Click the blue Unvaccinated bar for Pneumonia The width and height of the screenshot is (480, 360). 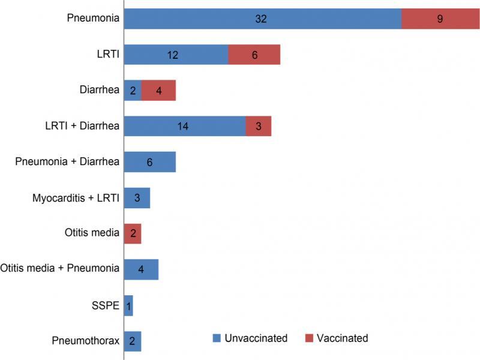pos(262,19)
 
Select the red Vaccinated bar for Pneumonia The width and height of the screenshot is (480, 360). pos(440,19)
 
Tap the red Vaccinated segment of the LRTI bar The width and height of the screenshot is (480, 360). pos(254,55)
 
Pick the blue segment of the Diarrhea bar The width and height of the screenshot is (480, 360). pos(133,91)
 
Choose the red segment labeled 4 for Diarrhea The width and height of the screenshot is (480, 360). pos(158,91)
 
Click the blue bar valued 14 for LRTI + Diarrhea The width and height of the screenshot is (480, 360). pos(185,126)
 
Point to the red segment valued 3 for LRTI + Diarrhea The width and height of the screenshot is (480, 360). pos(259,126)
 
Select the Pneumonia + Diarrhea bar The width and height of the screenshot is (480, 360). pos(149,162)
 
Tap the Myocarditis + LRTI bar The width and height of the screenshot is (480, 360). pos(137,197)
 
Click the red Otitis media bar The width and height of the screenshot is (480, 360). pos(133,233)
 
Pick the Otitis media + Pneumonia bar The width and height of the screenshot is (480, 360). pos(141,269)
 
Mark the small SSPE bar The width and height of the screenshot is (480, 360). pos(128,305)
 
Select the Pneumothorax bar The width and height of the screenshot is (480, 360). pos(133,341)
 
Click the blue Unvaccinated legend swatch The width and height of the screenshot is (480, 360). pos(217,338)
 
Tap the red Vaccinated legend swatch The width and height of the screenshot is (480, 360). pos(310,338)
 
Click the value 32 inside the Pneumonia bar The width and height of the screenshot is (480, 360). pos(260,19)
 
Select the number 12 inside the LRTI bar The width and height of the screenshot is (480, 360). pos(173,55)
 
